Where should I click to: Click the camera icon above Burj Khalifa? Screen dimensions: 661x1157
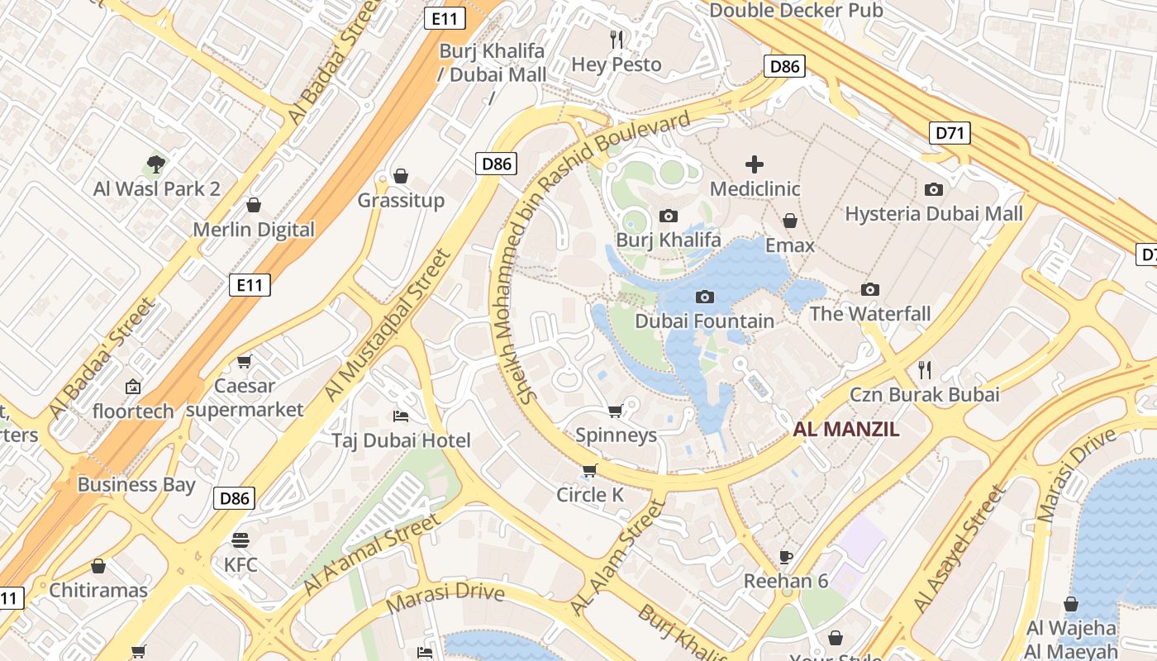point(669,216)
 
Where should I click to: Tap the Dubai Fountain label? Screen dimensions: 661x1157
point(704,321)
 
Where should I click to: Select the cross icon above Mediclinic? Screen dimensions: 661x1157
point(755,164)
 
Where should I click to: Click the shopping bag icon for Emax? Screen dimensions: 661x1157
point(790,221)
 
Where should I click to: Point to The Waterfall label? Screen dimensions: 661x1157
point(869,314)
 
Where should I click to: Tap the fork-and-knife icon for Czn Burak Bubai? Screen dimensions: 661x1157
point(925,369)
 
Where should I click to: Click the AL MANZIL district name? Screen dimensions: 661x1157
point(846,430)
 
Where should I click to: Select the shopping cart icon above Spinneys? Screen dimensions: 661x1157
point(615,411)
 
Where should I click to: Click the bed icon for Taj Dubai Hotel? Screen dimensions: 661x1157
point(401,416)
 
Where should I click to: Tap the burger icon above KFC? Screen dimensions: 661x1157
point(240,540)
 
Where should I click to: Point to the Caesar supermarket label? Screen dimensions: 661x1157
point(245,397)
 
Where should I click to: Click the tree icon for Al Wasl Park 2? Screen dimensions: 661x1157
point(155,164)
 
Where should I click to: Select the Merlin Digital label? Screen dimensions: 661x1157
point(254,230)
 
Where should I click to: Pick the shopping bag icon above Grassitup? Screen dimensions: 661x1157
point(401,176)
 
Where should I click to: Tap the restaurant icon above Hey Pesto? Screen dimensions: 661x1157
point(616,39)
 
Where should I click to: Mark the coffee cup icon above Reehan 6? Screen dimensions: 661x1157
point(785,556)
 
